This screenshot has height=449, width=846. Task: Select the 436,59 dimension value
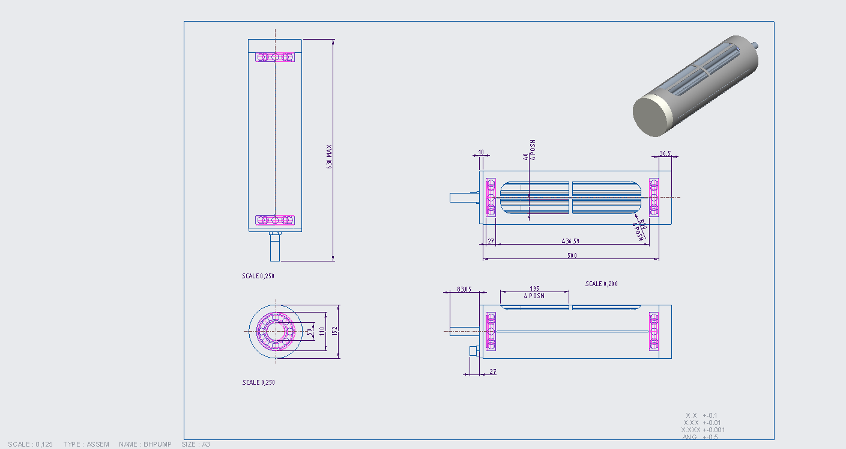(x=570, y=241)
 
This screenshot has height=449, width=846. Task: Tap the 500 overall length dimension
(x=572, y=256)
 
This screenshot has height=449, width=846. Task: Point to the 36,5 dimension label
(x=665, y=154)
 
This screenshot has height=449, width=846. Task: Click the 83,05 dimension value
(x=464, y=289)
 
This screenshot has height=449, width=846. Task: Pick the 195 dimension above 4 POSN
(x=534, y=289)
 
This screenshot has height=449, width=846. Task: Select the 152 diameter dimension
(x=336, y=331)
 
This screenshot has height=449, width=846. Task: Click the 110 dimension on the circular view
(x=322, y=331)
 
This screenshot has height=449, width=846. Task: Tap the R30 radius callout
(x=642, y=224)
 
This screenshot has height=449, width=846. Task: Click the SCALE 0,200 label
(x=602, y=284)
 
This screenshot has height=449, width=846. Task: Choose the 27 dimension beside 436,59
(x=490, y=241)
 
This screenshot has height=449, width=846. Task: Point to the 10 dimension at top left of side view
(x=480, y=152)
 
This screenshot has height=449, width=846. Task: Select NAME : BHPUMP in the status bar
(x=145, y=444)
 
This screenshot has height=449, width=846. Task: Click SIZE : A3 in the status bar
(x=196, y=444)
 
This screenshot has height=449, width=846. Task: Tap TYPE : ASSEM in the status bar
(x=86, y=444)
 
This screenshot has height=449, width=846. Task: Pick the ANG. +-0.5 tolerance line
(x=700, y=437)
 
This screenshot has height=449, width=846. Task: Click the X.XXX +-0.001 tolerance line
(x=703, y=430)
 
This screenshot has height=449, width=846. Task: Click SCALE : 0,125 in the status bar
(x=31, y=444)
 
